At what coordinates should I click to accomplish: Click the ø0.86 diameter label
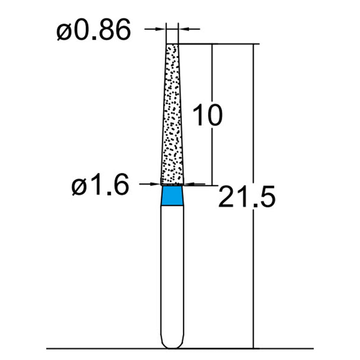tap(94, 31)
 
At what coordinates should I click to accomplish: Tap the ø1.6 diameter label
tap(100, 185)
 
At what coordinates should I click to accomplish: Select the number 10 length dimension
tap(207, 115)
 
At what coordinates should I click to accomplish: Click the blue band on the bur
tap(172, 196)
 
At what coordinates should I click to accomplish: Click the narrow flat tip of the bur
tap(172, 45)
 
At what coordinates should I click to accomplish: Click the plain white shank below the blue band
tap(172, 270)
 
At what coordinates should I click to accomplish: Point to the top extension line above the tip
tap(216, 44)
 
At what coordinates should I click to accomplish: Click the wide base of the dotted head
tap(172, 181)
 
